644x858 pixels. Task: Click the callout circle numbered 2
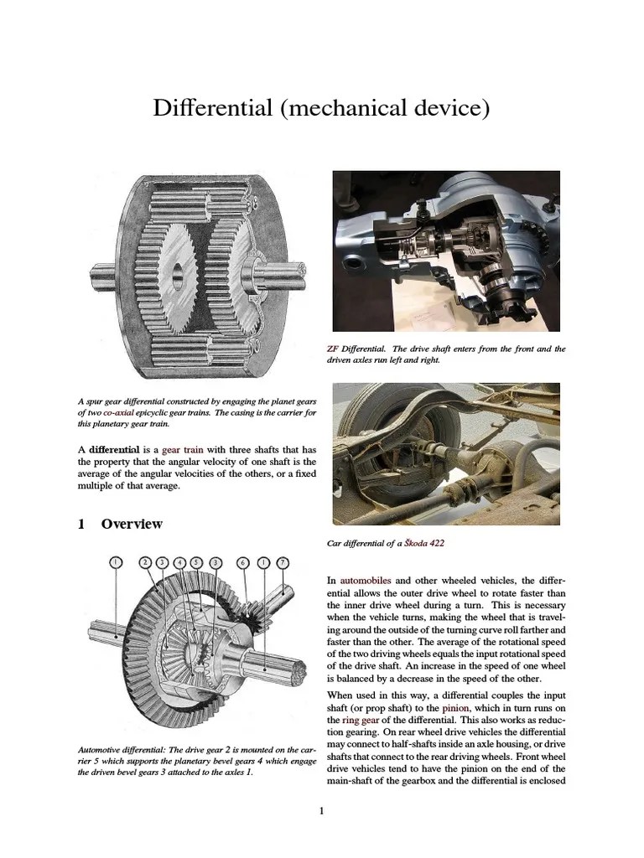click(x=145, y=561)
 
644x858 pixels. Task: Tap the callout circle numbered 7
click(x=283, y=561)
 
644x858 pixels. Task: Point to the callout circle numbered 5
click(x=196, y=561)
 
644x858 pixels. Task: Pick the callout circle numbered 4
click(x=179, y=561)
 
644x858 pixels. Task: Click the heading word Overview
click(x=132, y=525)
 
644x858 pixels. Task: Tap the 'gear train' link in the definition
click(x=183, y=450)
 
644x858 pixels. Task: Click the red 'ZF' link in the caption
click(x=332, y=349)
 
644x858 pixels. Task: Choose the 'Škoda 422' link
click(x=424, y=543)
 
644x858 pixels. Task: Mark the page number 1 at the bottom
click(x=321, y=810)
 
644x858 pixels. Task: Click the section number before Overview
click(x=81, y=525)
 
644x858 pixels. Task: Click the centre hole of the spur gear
click(x=178, y=273)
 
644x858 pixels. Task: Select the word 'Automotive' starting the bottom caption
click(x=99, y=749)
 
